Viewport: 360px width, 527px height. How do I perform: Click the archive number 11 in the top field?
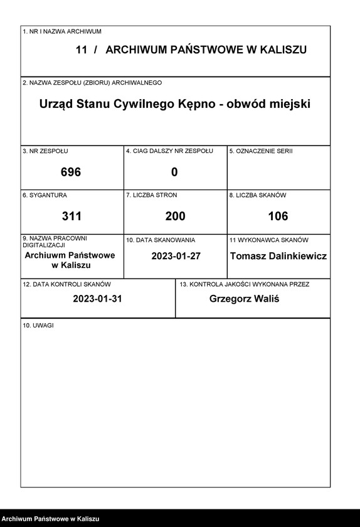click(x=82, y=50)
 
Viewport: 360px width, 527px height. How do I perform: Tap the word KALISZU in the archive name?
click(x=282, y=50)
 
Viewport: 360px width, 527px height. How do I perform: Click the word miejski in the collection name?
click(x=290, y=104)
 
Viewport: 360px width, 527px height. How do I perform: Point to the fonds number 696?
click(x=71, y=172)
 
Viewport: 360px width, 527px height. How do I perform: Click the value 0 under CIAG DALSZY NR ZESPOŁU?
click(x=174, y=172)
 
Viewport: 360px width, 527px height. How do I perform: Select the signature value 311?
click(x=71, y=216)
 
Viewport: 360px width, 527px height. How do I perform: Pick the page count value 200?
click(x=175, y=216)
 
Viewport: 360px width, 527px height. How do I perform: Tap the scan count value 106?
click(x=278, y=216)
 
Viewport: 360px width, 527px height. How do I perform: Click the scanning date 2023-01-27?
click(x=175, y=256)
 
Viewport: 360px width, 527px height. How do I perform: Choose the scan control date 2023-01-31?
click(x=97, y=299)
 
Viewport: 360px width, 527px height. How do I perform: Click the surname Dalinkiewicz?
click(x=297, y=256)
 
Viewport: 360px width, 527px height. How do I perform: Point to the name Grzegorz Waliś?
click(x=244, y=299)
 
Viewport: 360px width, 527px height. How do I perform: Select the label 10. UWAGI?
click(x=38, y=325)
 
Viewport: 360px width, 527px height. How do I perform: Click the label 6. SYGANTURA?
click(x=45, y=195)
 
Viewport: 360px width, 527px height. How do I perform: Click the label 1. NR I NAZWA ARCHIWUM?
click(x=61, y=31)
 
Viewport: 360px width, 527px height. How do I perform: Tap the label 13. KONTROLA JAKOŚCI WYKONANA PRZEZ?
click(x=244, y=284)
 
